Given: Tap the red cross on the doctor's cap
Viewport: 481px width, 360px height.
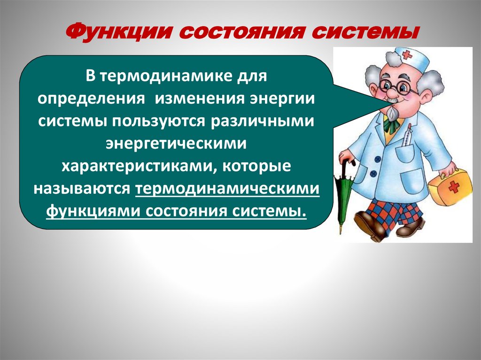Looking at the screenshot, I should pyautogui.click(x=406, y=55).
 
